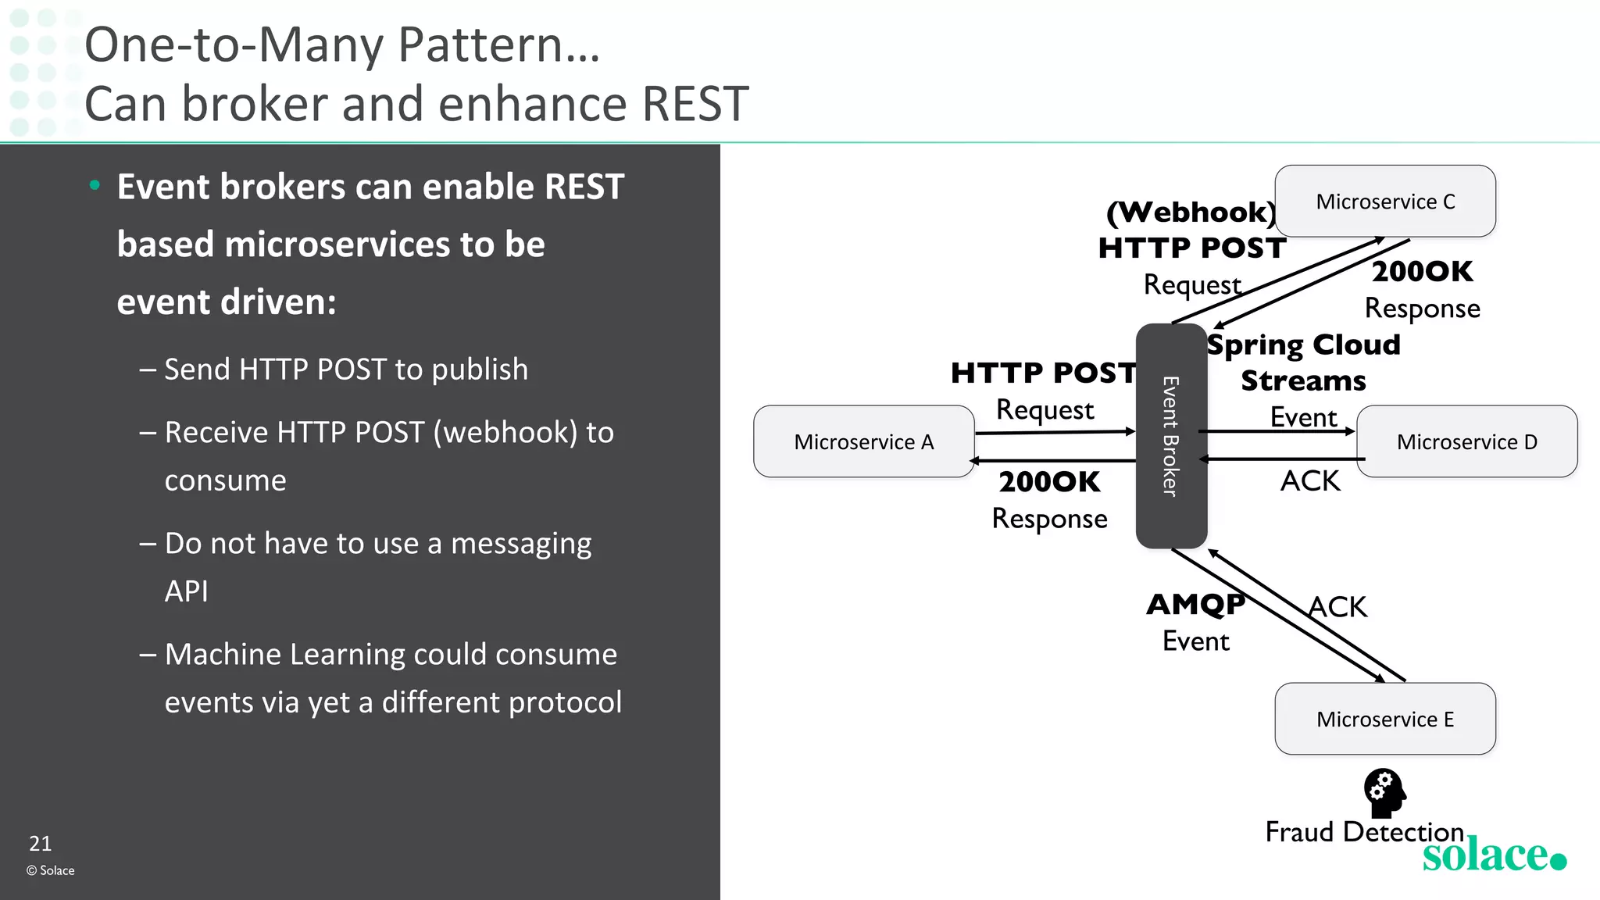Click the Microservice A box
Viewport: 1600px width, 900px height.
coord(863,441)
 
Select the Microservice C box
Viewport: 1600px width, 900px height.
coord(1384,202)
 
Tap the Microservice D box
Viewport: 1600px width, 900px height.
coord(1466,441)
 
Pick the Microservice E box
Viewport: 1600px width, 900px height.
coord(1384,719)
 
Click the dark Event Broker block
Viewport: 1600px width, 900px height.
coord(1170,436)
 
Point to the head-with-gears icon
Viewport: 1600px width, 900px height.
coord(1384,792)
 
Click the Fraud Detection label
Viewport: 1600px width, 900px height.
coord(1363,832)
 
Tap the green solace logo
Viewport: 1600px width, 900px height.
coord(1493,855)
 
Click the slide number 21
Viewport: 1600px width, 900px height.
coord(41,844)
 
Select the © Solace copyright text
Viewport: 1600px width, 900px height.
coord(51,870)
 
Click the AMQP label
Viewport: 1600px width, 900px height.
coord(1195,604)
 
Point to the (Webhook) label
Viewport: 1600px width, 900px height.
coord(1191,212)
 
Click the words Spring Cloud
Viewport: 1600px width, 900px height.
coord(1304,345)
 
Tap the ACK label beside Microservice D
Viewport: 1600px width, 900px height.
coord(1309,480)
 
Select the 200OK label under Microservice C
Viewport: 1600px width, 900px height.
coord(1422,271)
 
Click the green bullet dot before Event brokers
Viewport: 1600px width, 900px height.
coord(95,186)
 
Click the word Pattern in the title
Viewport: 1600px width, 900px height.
coord(480,45)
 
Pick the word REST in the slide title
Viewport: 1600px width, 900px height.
coord(695,104)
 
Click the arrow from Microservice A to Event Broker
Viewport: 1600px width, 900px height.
coord(1055,431)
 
